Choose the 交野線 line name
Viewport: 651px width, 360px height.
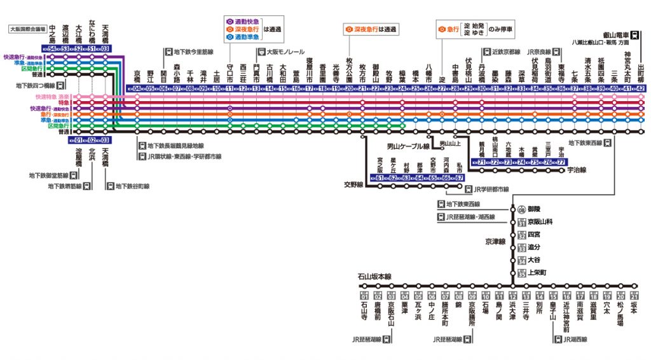click(x=353, y=184)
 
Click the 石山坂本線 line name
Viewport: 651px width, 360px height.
click(x=374, y=277)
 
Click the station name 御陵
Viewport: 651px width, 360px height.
click(x=533, y=209)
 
